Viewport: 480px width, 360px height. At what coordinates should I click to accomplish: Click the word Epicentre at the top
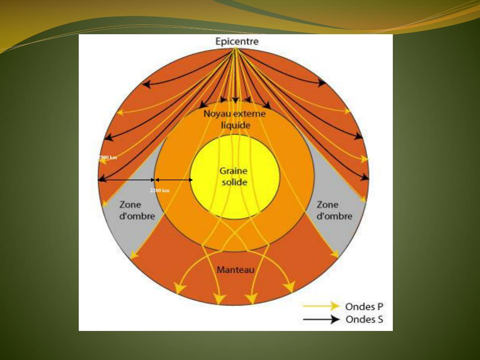[x=237, y=41]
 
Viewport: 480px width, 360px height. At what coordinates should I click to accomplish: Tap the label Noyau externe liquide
[x=234, y=120]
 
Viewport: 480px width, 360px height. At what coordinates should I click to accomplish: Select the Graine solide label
[x=234, y=177]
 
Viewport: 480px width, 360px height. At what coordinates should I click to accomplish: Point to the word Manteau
[x=235, y=270]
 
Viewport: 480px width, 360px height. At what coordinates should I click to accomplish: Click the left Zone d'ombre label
[x=137, y=210]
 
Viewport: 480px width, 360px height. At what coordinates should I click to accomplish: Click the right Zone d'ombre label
[x=334, y=210]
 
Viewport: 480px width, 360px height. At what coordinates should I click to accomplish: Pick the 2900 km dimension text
[x=108, y=157]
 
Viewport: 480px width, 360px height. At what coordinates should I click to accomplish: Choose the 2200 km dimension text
[x=160, y=191]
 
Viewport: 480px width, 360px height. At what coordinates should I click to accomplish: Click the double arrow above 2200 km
[x=173, y=180]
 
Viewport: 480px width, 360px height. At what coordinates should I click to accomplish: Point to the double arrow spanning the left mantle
[x=126, y=180]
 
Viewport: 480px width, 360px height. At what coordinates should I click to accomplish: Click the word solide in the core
[x=234, y=182]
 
